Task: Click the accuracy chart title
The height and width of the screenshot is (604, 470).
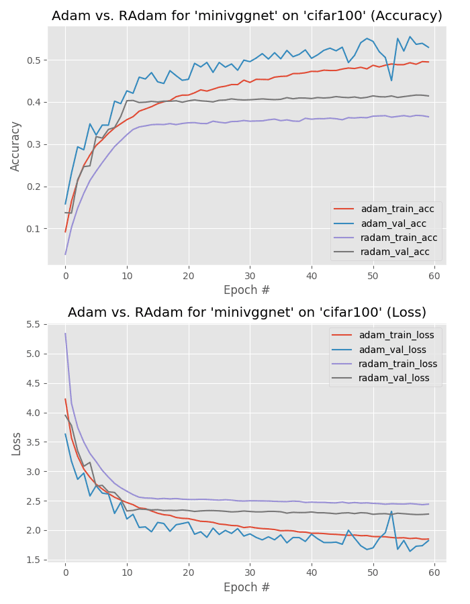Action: [247, 16]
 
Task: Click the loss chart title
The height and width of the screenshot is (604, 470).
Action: [247, 313]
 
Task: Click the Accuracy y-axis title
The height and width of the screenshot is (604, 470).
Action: [16, 146]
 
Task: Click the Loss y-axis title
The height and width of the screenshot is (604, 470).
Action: [16, 444]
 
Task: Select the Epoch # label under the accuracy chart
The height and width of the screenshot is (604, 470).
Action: [247, 290]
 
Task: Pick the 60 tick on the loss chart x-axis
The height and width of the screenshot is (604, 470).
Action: [434, 571]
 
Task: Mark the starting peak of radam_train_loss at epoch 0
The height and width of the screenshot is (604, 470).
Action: [66, 334]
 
